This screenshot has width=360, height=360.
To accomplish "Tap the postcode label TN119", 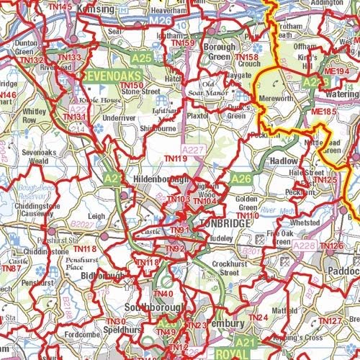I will (176, 158).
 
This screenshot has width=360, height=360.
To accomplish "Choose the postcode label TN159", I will (183, 43).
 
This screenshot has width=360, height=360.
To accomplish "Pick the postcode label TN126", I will (330, 246).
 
